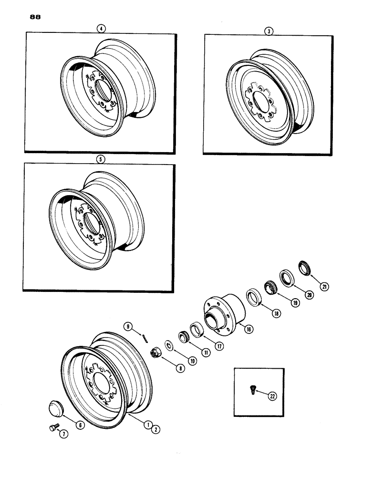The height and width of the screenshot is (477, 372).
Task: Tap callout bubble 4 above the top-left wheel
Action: point(100,29)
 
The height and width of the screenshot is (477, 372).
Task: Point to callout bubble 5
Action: point(100,160)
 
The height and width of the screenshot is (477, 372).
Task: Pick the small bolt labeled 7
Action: point(53,428)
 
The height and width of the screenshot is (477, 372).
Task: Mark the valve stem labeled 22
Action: point(251,390)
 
